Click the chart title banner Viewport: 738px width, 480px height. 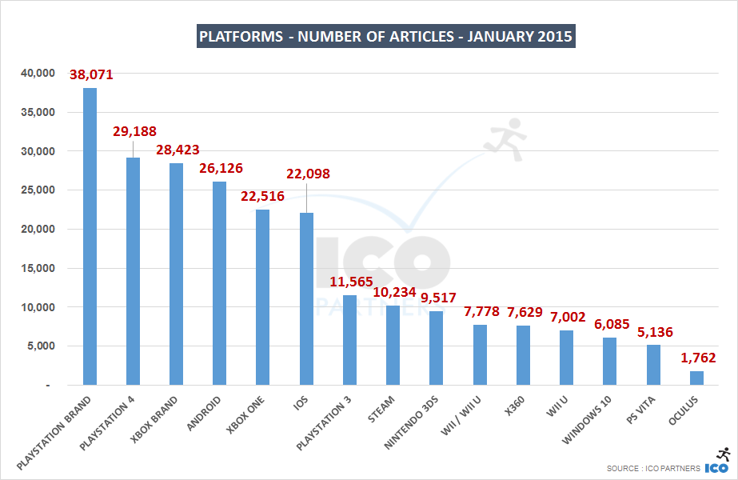385,37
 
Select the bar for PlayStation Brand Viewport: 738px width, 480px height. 90,237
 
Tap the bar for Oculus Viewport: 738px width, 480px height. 696,378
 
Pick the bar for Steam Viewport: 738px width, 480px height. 393,345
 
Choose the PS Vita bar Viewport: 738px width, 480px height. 653,365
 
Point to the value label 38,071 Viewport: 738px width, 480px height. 91,76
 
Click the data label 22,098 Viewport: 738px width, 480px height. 307,174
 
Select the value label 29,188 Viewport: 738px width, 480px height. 134,131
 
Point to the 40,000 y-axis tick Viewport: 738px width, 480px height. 35,74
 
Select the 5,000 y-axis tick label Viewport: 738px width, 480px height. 38,346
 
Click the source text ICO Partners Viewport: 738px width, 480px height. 653,468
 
